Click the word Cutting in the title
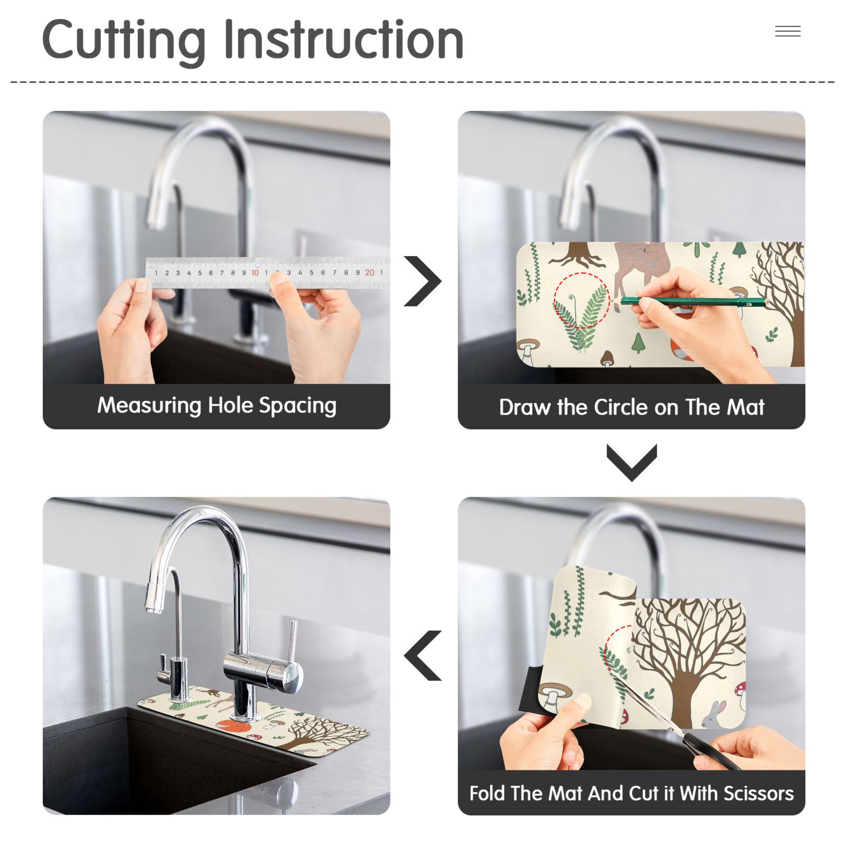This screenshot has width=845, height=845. [124, 41]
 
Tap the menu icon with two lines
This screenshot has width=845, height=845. [788, 31]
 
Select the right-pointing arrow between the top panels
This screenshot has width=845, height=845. [422, 281]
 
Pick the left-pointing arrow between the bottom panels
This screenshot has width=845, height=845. [422, 656]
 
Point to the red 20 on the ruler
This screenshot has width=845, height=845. [369, 272]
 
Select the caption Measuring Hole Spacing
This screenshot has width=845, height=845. [217, 406]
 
